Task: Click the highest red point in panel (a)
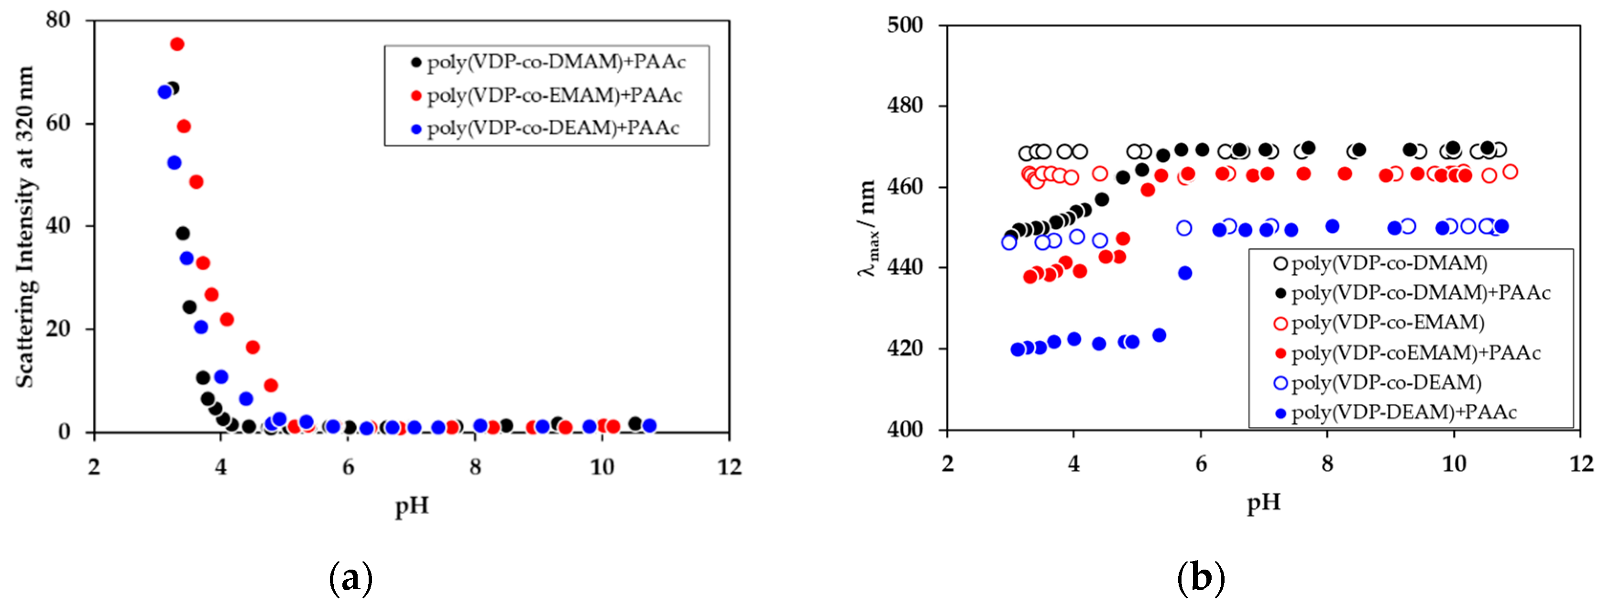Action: pyautogui.click(x=177, y=44)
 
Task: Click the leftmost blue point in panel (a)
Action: pyautogui.click(x=165, y=92)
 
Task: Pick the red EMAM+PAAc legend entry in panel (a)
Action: pyautogui.click(x=546, y=96)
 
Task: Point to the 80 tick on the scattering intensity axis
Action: pyautogui.click(x=58, y=20)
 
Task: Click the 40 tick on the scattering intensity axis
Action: pyautogui.click(x=58, y=226)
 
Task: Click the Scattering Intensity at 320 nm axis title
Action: pyautogui.click(x=24, y=226)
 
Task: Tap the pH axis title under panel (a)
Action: pyautogui.click(x=412, y=505)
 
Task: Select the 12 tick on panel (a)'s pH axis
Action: pyautogui.click(x=729, y=467)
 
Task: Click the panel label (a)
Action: pyautogui.click(x=350, y=578)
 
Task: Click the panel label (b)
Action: pyautogui.click(x=1200, y=578)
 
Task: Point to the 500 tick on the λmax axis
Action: pyautogui.click(x=905, y=26)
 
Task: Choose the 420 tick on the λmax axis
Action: pyautogui.click(x=905, y=348)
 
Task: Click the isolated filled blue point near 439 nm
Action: pyautogui.click(x=1185, y=273)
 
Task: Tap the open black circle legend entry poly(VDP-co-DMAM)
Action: pyautogui.click(x=1380, y=263)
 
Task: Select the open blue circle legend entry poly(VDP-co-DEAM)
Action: pyautogui.click(x=1377, y=383)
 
